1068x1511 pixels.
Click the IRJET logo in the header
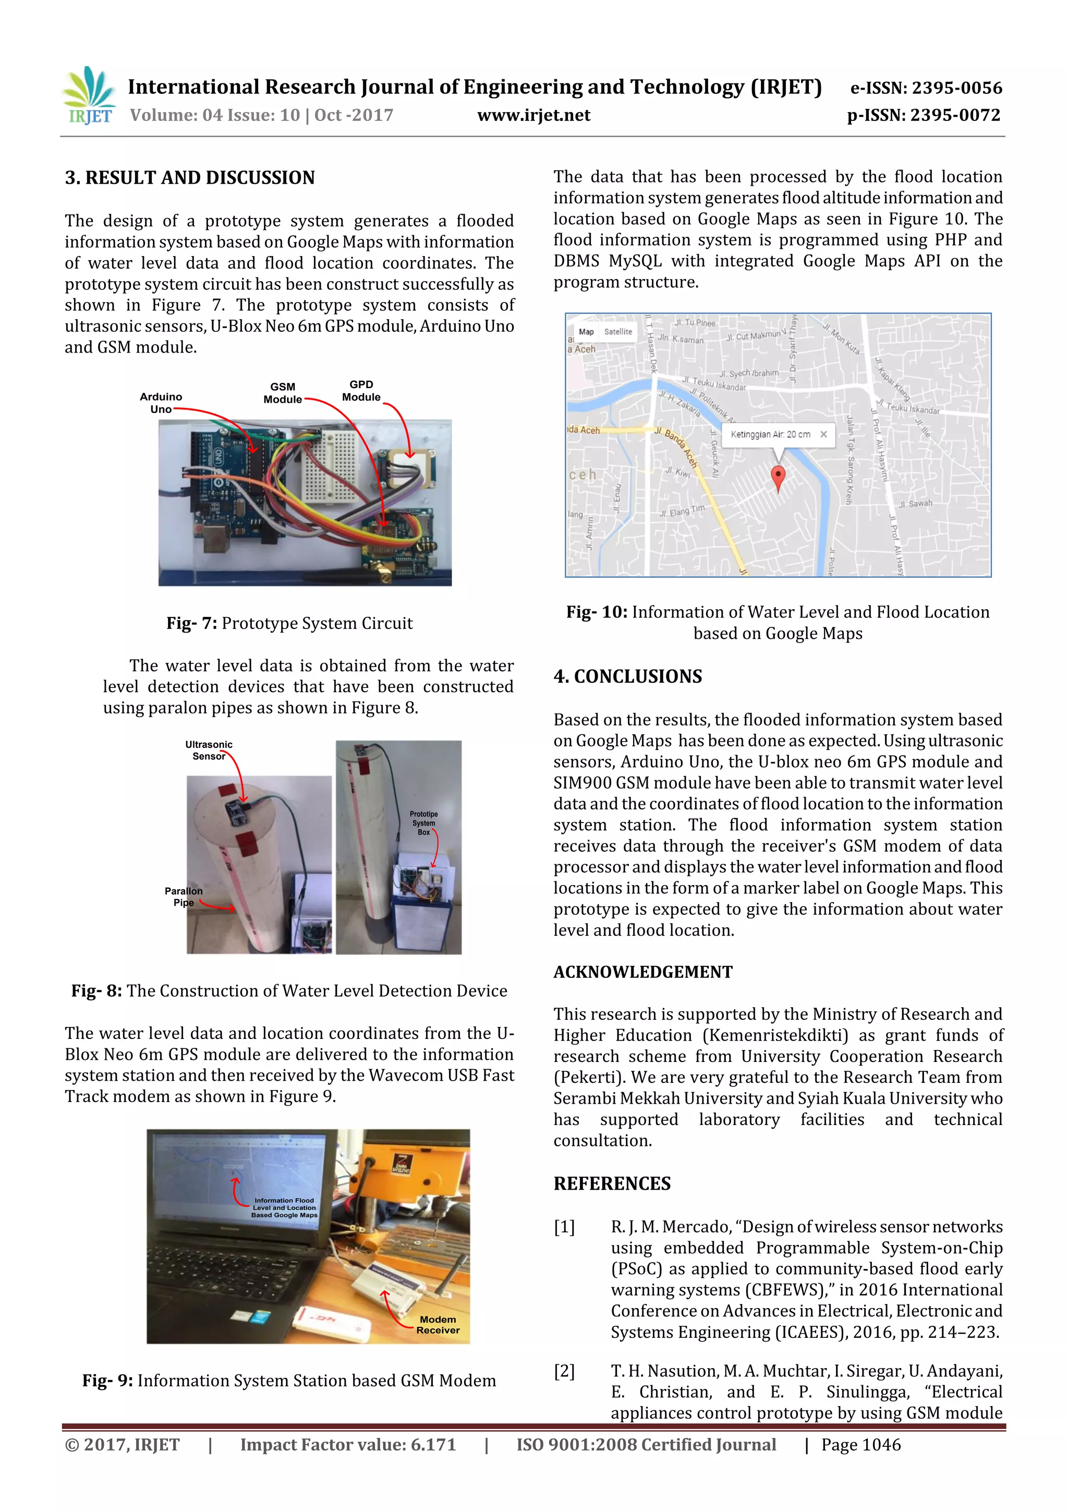[x=89, y=96]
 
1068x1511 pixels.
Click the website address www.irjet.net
[x=533, y=115]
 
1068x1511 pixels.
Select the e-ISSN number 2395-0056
[x=956, y=88]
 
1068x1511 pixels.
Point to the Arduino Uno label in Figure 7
[x=161, y=403]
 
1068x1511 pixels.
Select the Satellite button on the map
[x=617, y=332]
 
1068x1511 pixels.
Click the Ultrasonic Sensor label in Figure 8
[x=209, y=750]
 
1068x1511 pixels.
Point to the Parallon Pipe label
[x=183, y=897]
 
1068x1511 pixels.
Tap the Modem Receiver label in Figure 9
[x=438, y=1324]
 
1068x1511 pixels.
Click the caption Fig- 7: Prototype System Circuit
[x=289, y=623]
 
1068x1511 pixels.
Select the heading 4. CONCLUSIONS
[x=627, y=676]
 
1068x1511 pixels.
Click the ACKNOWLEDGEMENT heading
[x=642, y=972]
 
